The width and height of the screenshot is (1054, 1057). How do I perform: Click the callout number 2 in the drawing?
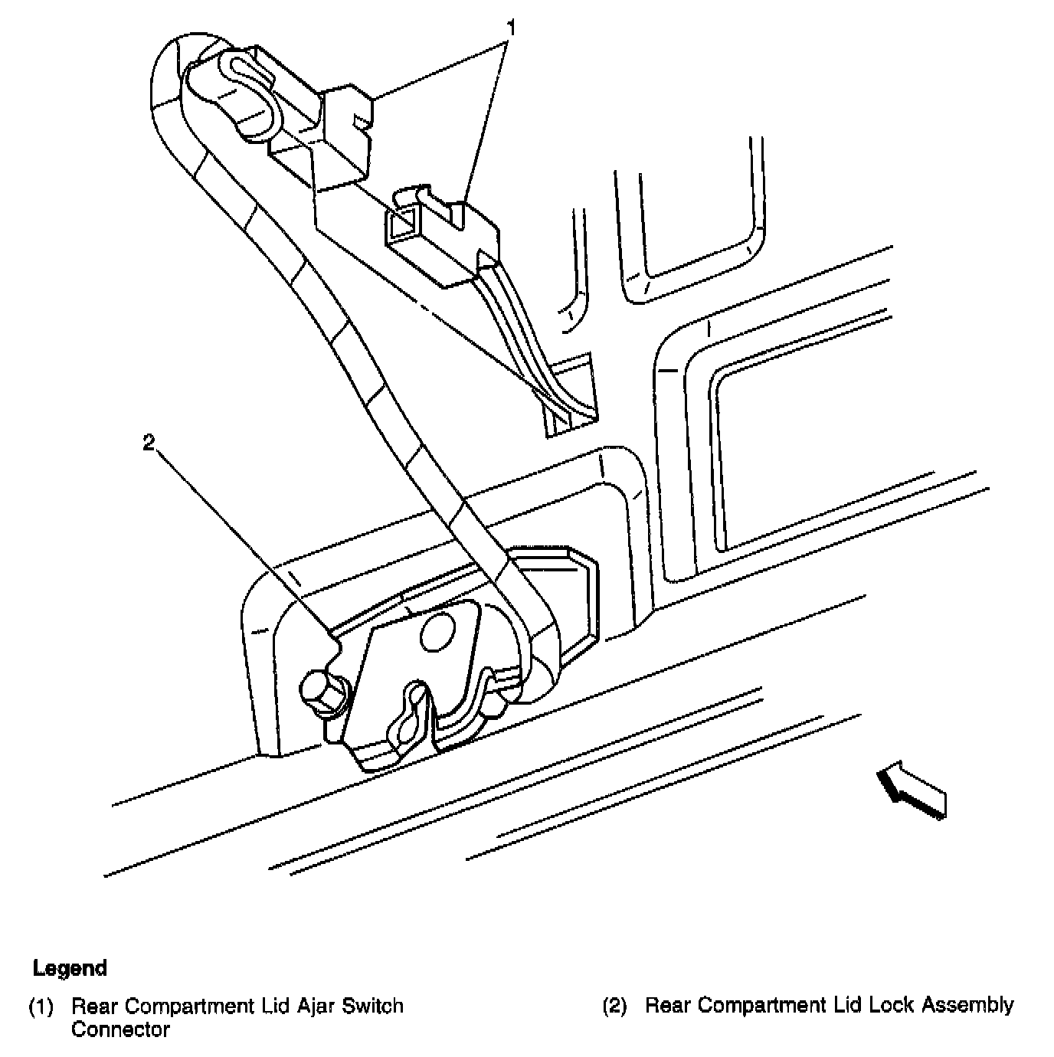[149, 442]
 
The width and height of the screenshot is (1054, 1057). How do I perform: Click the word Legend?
[70, 968]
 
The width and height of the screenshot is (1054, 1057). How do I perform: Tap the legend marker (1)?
[41, 1006]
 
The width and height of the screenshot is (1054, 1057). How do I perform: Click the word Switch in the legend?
[371, 1006]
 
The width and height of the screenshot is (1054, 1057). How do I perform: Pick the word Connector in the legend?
[120, 1029]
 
